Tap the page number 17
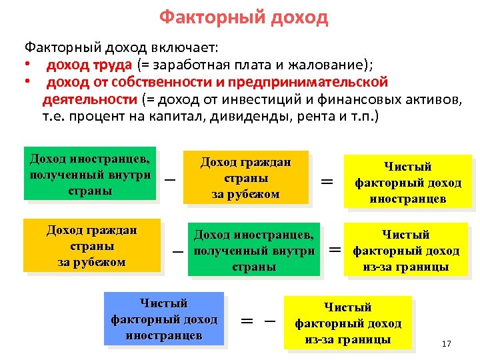pos(446,344)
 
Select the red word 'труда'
pos(118,65)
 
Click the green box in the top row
pos(90,173)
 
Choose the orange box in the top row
pos(248,177)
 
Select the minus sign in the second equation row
pos(177,253)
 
